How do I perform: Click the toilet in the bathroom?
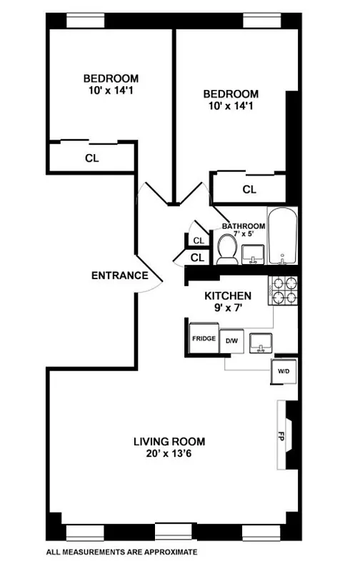pos(228,249)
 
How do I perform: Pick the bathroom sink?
pos(252,255)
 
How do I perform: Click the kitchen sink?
pos(262,342)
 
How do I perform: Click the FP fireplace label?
pos(281,435)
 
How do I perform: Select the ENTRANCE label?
pos(119,276)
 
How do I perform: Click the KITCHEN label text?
pos(228,295)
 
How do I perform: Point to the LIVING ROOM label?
pos(169,440)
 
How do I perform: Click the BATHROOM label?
pos(243,226)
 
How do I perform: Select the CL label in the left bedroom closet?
pos(91,158)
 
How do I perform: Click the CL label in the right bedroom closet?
pos(249,190)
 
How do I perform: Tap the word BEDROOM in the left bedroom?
pos(111,79)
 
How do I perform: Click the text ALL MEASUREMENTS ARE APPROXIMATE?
pos(121,552)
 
